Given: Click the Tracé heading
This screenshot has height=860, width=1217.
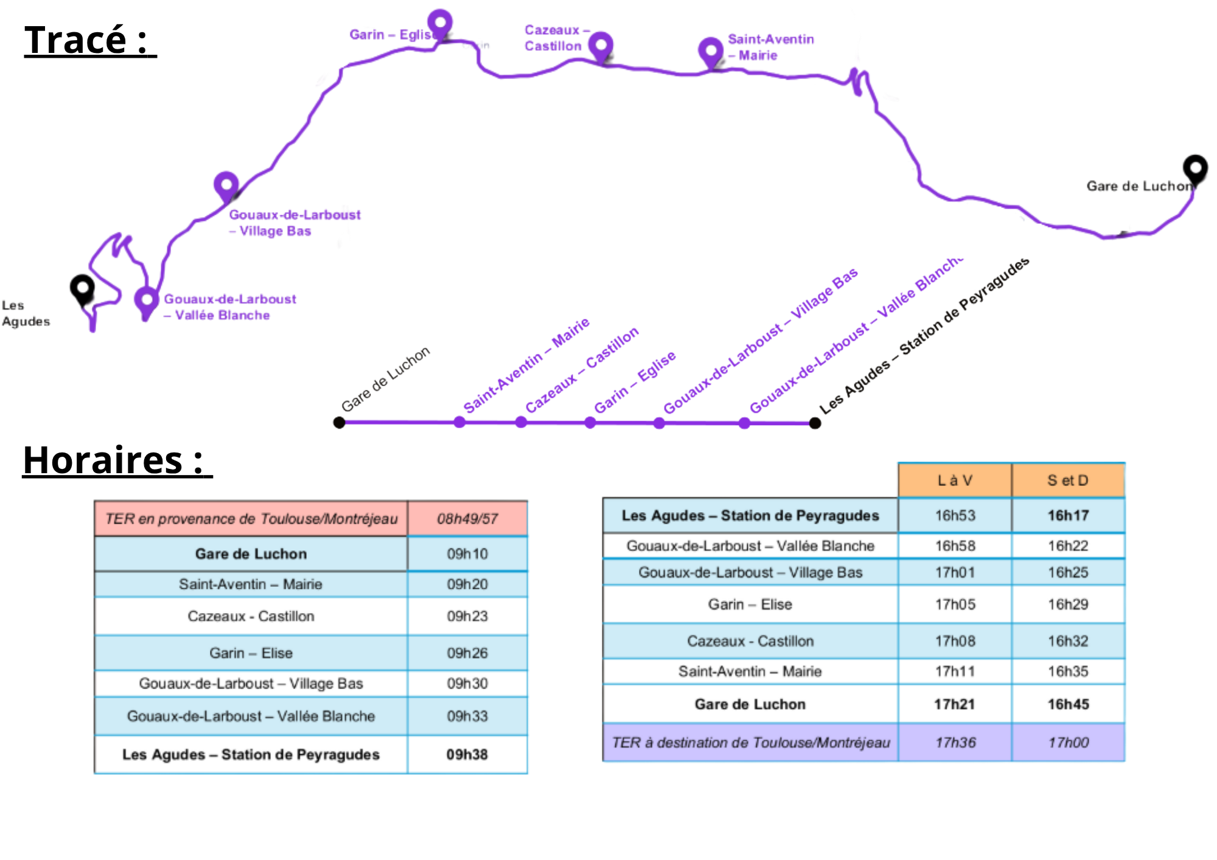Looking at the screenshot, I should pos(89,41).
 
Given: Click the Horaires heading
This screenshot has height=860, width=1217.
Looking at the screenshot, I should pos(116,460).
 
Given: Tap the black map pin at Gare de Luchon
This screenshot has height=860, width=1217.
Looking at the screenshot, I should pos(1195,168).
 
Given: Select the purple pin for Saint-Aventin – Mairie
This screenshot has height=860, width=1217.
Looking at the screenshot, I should pos(710,51).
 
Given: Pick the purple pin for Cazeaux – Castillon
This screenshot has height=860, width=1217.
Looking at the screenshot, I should pos(601,45).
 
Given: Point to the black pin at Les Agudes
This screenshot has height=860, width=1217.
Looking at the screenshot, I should pos(82,288).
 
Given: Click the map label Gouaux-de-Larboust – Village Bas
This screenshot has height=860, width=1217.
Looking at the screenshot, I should pos(294,223).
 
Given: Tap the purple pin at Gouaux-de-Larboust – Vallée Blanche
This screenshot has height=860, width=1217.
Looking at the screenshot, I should pos(146,300).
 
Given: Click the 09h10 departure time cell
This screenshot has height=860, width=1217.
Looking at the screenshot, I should pos(467,554).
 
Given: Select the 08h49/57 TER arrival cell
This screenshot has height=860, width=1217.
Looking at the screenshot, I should pos(467,519).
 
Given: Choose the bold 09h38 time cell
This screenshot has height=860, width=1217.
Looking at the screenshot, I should pos(467,755).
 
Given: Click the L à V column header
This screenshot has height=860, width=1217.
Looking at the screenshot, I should pos(955,480).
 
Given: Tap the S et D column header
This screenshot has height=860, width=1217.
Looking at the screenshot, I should pos(1068,480).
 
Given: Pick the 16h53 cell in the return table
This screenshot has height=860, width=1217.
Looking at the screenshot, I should pos(955,516).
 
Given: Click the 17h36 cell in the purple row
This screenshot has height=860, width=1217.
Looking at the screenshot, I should pos(955,743).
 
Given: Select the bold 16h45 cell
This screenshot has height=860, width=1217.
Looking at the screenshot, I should pos(1068,704).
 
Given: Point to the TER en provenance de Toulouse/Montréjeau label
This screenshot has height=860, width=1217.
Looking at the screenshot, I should pos(251,519).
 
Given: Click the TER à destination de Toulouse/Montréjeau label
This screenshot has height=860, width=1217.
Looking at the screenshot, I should pos(750,743).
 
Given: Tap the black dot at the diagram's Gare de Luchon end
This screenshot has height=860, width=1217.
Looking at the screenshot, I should pos(340,423).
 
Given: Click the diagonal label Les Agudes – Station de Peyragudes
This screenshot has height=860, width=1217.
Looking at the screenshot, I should pos(924,336).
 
